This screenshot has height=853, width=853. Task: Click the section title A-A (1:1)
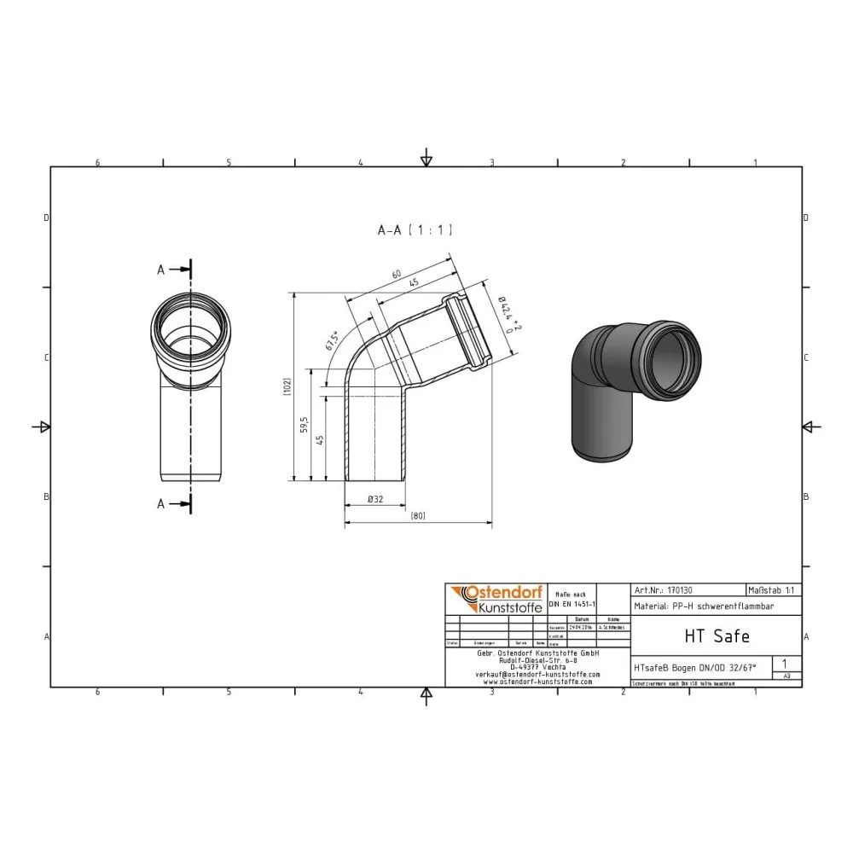(x=415, y=229)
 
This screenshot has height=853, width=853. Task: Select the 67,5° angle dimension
(x=332, y=340)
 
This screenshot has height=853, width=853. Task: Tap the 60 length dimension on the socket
(x=396, y=275)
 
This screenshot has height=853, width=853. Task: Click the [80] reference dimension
(x=418, y=515)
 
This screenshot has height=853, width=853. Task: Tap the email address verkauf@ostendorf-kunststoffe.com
(x=537, y=674)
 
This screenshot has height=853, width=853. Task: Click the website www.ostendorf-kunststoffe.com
(x=537, y=682)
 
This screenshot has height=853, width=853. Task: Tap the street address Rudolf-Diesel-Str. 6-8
(x=537, y=659)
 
